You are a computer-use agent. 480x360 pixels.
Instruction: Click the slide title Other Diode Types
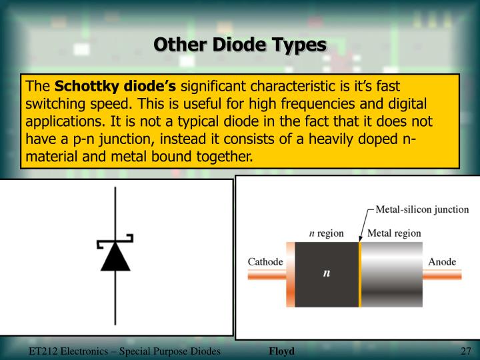[x=240, y=45]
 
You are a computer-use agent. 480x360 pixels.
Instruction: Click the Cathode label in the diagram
[x=265, y=262]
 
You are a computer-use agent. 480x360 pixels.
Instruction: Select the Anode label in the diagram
[x=442, y=261]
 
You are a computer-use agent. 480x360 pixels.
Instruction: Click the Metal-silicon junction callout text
[x=422, y=209]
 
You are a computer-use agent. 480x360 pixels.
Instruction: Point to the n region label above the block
[x=326, y=233]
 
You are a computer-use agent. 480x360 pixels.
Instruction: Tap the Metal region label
[x=395, y=233]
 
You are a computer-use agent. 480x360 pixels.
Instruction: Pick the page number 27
[x=466, y=351]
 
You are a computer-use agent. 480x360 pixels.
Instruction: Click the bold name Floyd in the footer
[x=281, y=351]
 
